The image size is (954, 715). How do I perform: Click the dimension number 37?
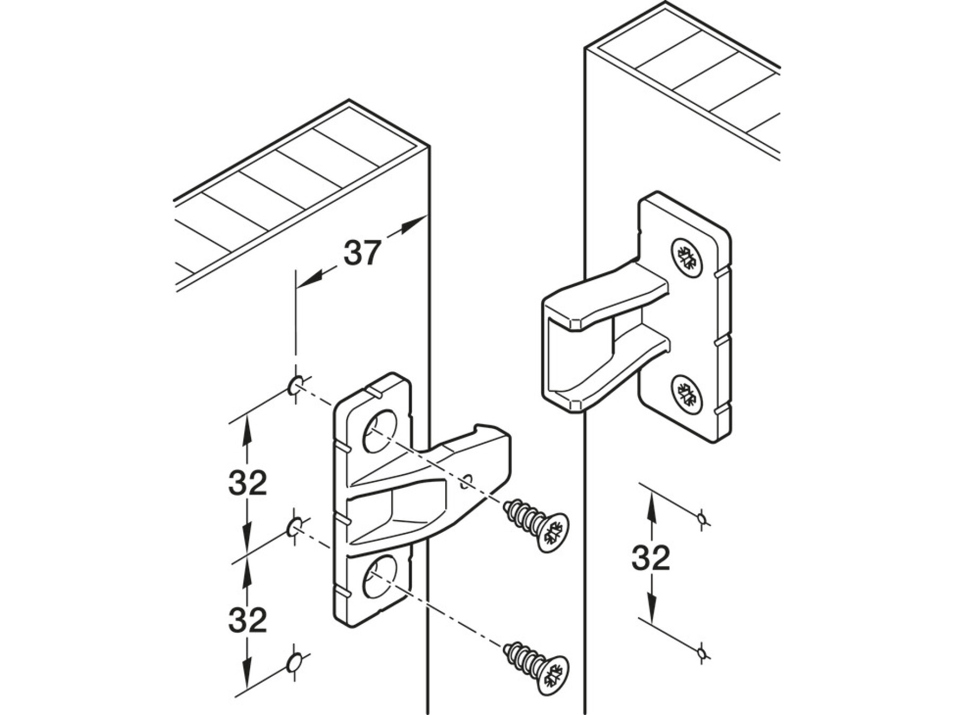pos(363,253)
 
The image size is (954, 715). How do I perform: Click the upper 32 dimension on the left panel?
pos(248,482)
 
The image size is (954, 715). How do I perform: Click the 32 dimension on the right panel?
pos(651,557)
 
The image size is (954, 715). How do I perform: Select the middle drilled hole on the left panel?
pos(295,526)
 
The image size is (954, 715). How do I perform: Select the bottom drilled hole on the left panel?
pos(295,663)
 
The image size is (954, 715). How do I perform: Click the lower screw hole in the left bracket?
pos(379,578)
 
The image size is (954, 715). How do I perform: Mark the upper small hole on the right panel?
pos(702,518)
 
